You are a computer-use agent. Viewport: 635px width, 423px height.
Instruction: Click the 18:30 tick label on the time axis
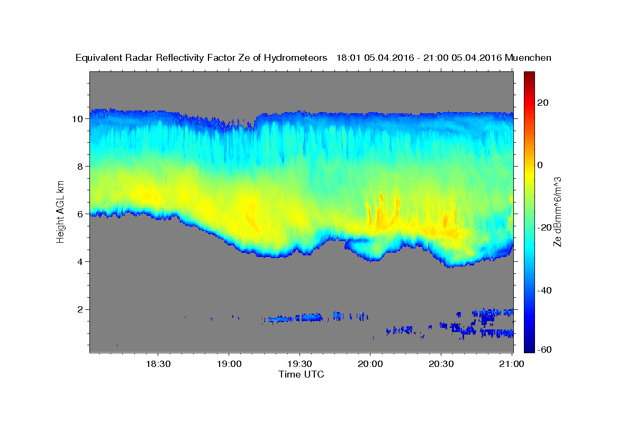(x=158, y=364)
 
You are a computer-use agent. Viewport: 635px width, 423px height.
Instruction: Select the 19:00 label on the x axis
(x=229, y=364)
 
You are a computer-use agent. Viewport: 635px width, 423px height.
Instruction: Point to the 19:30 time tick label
(x=300, y=364)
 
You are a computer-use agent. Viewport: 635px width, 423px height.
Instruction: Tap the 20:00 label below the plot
(x=370, y=364)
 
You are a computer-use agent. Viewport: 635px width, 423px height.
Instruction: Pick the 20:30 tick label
(x=441, y=364)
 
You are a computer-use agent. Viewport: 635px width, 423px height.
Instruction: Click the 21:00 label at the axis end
(x=511, y=364)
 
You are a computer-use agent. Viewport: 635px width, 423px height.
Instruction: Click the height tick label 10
(x=77, y=119)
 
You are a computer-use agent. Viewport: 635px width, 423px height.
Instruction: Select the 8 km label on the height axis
(x=80, y=167)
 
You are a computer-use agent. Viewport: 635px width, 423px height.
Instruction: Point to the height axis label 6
(x=80, y=214)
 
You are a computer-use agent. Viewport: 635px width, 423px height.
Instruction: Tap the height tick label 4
(x=80, y=262)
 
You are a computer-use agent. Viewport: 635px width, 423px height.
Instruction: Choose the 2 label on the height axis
(x=80, y=309)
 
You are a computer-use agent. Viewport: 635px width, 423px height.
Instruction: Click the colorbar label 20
(x=543, y=103)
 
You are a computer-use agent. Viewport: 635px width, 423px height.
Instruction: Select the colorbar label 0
(x=540, y=165)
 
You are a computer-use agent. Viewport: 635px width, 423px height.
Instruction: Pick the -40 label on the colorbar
(x=545, y=290)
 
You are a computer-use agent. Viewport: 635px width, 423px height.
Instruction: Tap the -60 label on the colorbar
(x=545, y=350)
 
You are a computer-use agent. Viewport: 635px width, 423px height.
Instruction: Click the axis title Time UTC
(x=301, y=374)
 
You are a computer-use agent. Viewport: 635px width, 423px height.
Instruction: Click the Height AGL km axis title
(x=60, y=212)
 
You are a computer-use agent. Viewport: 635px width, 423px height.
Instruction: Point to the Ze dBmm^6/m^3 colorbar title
(x=557, y=212)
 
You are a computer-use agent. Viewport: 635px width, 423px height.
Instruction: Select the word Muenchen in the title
(x=528, y=58)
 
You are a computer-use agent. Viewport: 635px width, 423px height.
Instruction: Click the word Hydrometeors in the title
(x=295, y=58)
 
